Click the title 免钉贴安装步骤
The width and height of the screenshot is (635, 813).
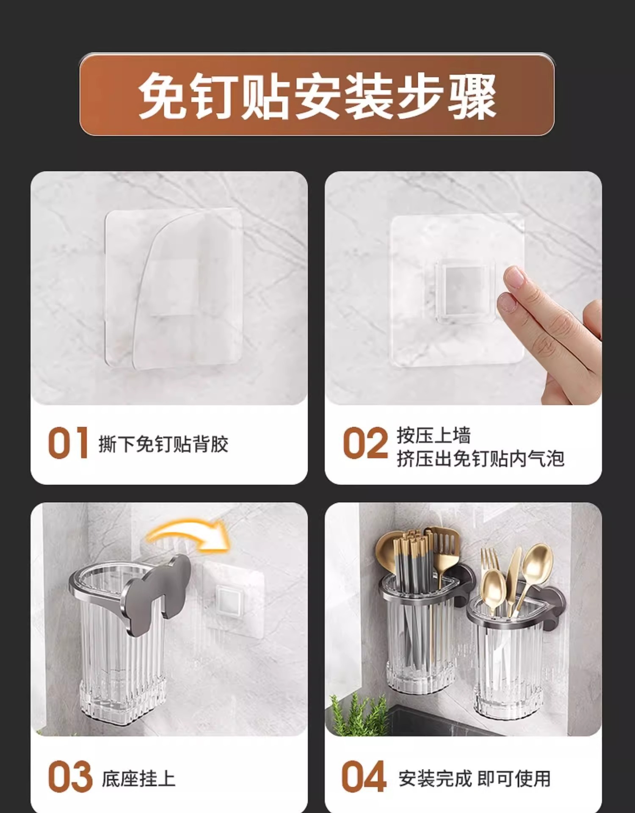(x=317, y=95)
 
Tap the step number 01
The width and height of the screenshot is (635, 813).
(x=68, y=443)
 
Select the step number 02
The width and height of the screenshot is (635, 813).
(x=365, y=443)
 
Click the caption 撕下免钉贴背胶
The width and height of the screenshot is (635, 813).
(x=163, y=444)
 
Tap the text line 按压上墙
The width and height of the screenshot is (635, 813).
(x=433, y=435)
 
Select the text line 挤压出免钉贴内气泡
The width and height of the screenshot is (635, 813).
(x=480, y=459)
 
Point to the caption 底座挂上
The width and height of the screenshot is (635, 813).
(x=138, y=779)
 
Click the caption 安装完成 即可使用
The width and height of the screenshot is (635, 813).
(x=475, y=779)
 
